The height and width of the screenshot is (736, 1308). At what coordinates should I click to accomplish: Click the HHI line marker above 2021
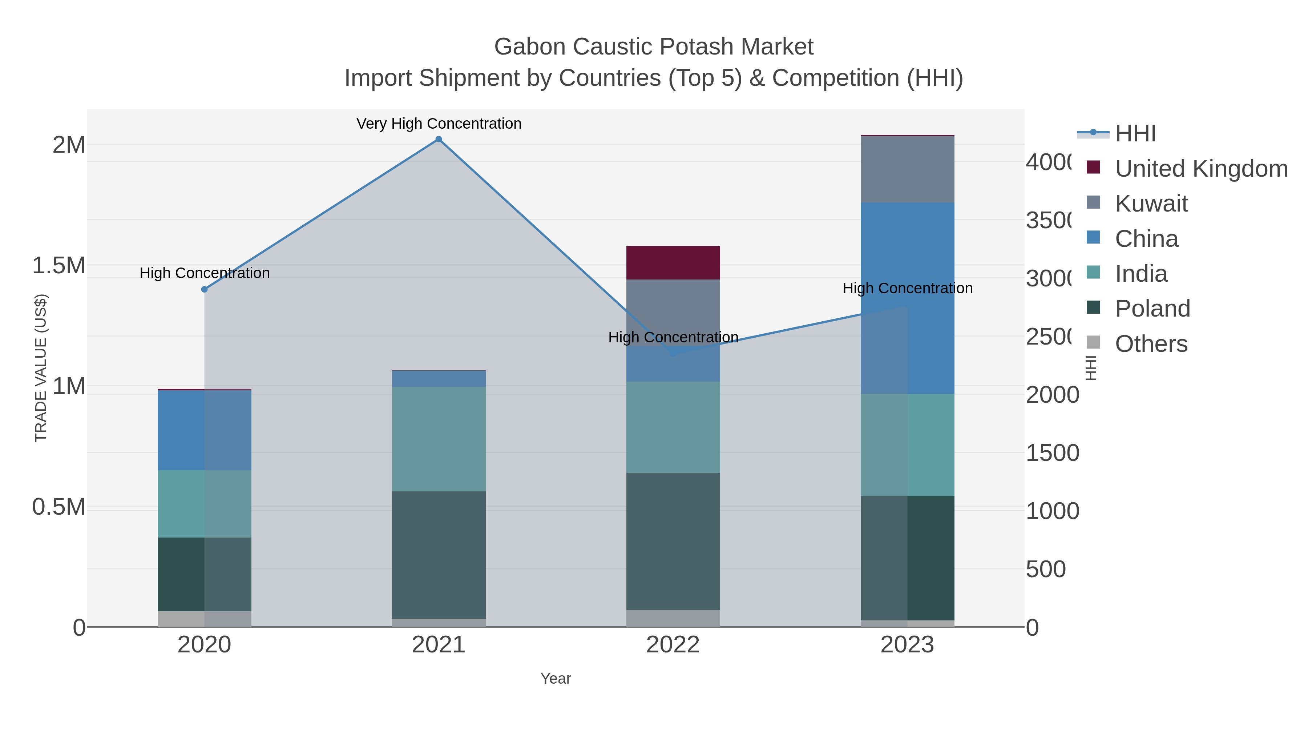pyautogui.click(x=439, y=139)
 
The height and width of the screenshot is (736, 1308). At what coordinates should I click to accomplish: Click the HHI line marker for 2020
pyautogui.click(x=204, y=290)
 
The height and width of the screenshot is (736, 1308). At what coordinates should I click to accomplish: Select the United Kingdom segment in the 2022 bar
pyautogui.click(x=673, y=263)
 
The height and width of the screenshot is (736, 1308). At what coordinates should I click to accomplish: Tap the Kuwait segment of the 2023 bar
pyautogui.click(x=907, y=169)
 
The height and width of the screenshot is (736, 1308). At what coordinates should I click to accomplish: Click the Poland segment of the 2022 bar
pyautogui.click(x=673, y=541)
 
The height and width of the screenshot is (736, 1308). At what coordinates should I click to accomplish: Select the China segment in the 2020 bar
pyautogui.click(x=204, y=430)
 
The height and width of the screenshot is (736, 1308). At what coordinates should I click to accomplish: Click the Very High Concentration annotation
pyautogui.click(x=439, y=124)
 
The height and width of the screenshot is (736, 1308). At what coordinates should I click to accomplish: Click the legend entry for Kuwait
pyautogui.click(x=1151, y=204)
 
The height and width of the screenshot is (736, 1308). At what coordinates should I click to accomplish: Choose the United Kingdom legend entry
pyautogui.click(x=1201, y=169)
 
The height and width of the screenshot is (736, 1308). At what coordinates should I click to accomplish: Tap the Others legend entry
pyautogui.click(x=1151, y=344)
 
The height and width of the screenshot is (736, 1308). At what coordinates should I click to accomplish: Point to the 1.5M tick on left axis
pyautogui.click(x=59, y=266)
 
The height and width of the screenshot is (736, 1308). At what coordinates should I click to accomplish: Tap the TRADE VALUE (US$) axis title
pyautogui.click(x=41, y=368)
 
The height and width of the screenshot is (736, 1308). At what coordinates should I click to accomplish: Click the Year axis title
pyautogui.click(x=556, y=679)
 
